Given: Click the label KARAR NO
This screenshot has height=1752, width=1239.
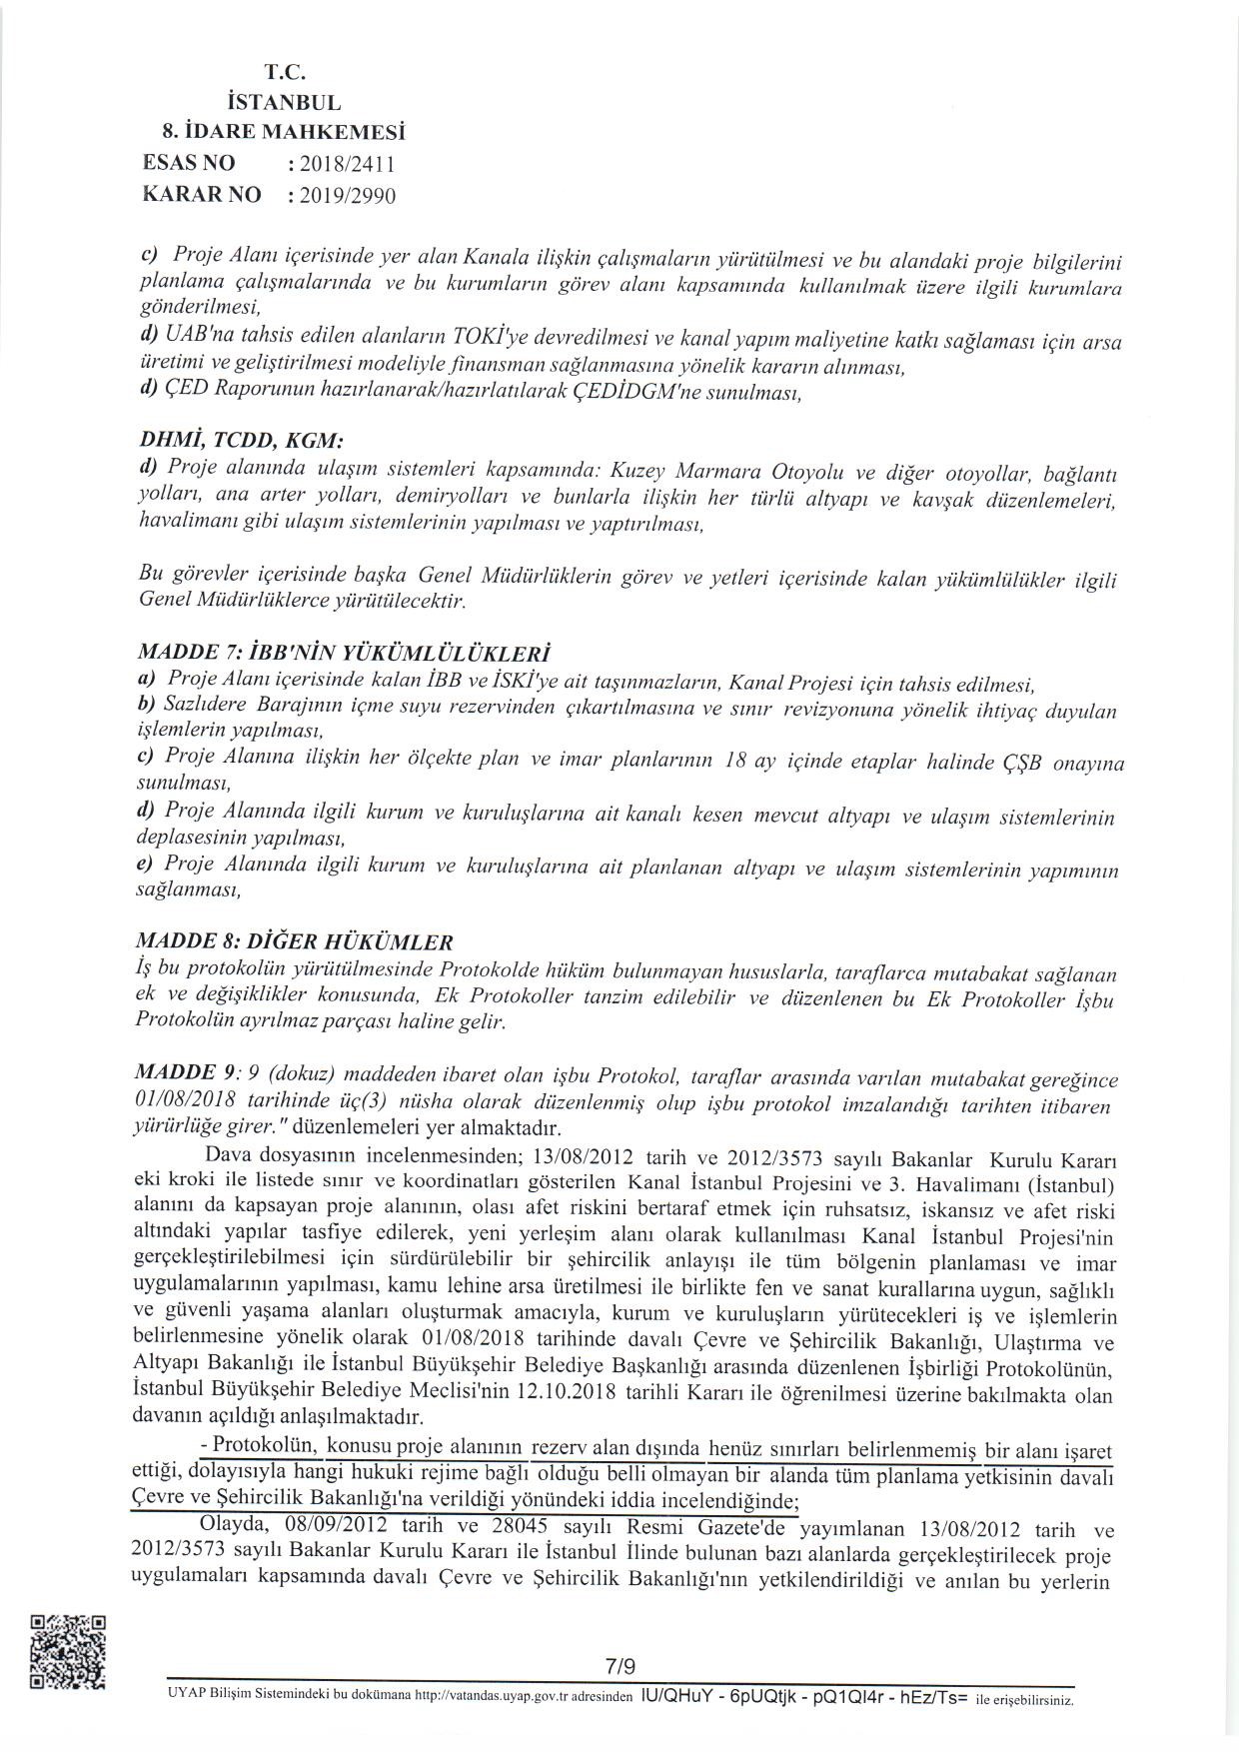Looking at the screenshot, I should (x=202, y=194).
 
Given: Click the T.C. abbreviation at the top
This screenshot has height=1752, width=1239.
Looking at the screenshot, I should (x=283, y=72).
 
